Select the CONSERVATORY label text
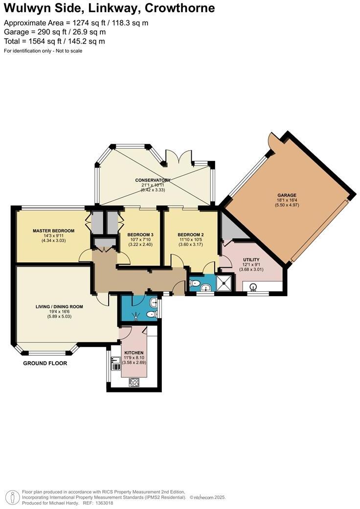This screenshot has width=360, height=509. (x=153, y=180)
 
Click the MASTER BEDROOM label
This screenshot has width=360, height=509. (x=53, y=231)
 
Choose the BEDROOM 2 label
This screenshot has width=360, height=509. (x=190, y=234)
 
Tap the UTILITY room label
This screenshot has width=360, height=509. (x=251, y=259)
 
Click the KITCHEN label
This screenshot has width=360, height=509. (x=134, y=352)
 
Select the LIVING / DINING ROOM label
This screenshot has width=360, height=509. (x=59, y=307)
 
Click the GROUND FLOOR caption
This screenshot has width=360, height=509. (x=45, y=364)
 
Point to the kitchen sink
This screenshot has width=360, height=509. (x=116, y=363)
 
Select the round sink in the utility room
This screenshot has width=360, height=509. (x=253, y=287)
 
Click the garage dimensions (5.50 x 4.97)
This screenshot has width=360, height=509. (x=287, y=205)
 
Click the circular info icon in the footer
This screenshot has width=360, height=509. (x=12, y=497)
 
